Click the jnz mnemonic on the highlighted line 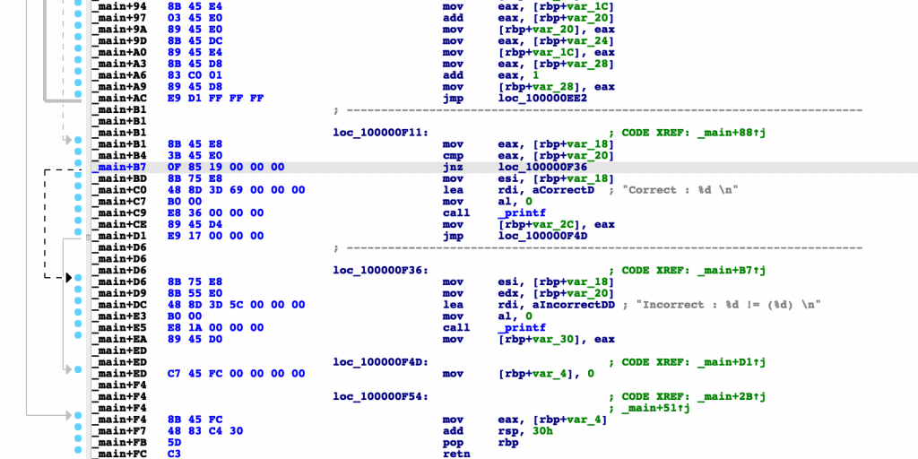(452, 167)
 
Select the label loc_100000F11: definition (380, 133)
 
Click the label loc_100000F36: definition (380, 270)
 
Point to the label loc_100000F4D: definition (380, 362)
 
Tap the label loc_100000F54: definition (380, 396)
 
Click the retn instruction (456, 454)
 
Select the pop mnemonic (452, 442)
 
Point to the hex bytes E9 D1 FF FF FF (215, 98)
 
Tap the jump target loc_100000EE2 (542, 98)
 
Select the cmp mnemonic (452, 155)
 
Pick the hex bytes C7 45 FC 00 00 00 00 (236, 374)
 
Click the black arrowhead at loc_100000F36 (68, 277)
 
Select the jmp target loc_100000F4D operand (542, 236)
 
